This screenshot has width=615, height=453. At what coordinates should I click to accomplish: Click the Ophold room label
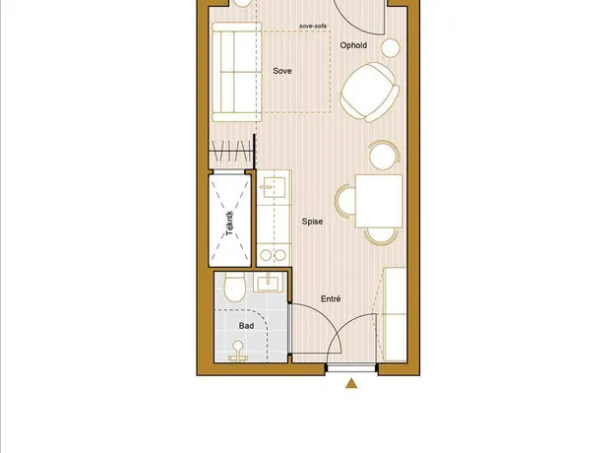point(353,45)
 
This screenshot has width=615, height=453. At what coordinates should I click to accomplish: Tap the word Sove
point(282,71)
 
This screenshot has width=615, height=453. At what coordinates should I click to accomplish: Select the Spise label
point(312,222)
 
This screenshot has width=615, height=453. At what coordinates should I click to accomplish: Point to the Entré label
point(331,298)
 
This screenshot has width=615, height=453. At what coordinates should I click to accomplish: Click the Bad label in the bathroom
point(246,325)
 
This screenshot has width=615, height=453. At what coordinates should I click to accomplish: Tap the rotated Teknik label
point(230,224)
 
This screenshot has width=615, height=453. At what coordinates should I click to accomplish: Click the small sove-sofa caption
point(313,26)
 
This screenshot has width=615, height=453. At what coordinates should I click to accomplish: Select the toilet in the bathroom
point(234,287)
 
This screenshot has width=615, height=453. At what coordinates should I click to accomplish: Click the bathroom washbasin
point(268,283)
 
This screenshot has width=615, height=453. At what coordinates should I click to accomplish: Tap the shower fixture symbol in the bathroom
point(238,352)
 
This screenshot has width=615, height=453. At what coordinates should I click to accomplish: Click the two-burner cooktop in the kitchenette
point(273,255)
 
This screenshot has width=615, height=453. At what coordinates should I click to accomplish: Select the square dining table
point(379,201)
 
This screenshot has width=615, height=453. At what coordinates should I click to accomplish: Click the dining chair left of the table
point(345,201)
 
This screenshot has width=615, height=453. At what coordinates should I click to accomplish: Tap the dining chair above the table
point(384,155)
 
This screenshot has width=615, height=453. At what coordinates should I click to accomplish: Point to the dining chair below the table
point(381,236)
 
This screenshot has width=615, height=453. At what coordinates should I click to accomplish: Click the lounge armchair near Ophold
point(369,93)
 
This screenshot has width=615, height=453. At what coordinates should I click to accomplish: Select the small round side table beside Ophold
point(391,48)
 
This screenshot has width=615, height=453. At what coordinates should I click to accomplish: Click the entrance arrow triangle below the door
point(351,383)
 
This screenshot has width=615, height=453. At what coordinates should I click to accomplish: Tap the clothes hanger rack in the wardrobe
point(231,151)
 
